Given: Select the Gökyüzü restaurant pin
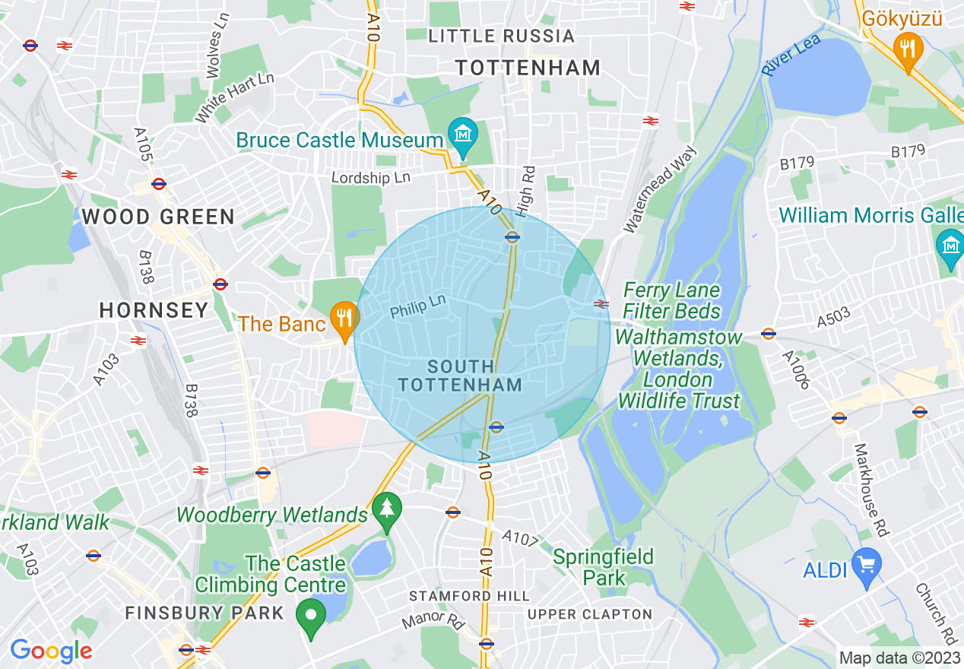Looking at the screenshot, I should pos(908,49).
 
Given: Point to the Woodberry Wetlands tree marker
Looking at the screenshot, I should pos(388,509).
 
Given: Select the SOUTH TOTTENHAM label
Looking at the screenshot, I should pos(461,376).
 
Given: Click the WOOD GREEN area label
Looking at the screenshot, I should pos(158,217).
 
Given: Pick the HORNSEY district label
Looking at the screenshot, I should pos(154,310).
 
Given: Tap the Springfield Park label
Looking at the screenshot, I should pos(603,567).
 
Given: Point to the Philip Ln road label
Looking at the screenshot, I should pos(417,306).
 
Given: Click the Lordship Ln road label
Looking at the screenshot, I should pos(371,177).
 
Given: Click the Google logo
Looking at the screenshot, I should pos(51,651).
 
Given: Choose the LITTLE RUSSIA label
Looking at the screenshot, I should pos(501,36).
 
